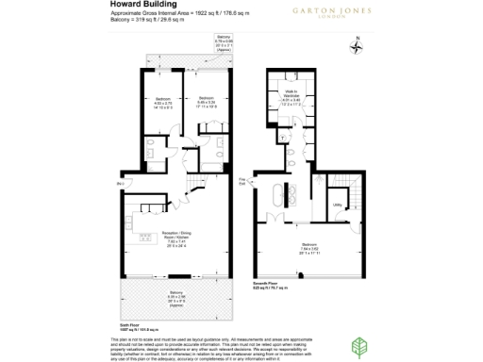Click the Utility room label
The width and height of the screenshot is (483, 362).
point(337,203)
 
